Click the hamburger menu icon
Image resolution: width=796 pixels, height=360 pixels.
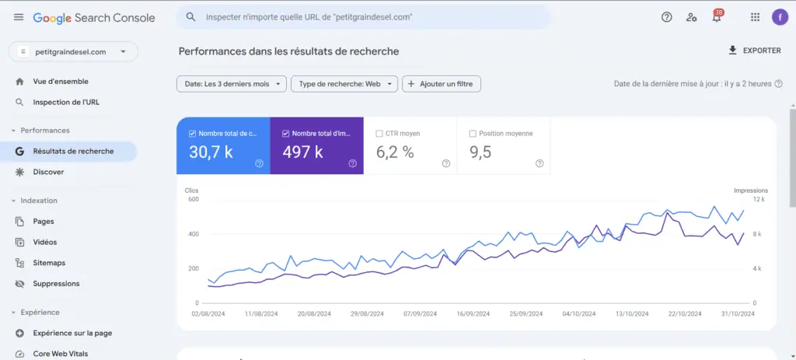[x=19, y=17]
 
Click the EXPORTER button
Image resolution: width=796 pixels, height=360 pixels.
[x=754, y=51]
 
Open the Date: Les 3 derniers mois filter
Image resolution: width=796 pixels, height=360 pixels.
[x=232, y=84]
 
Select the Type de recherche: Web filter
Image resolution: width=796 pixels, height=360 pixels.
[x=344, y=84]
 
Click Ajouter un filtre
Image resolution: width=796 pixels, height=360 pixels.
[x=442, y=84]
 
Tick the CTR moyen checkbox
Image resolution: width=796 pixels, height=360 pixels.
[x=379, y=134]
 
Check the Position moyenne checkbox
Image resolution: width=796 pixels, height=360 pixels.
[x=473, y=134]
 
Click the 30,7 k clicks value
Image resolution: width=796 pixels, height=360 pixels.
[x=211, y=152]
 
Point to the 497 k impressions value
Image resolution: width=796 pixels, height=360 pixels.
[x=302, y=152]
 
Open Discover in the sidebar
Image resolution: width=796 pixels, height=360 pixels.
[x=48, y=172]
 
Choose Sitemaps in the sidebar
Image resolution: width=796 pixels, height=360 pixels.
[x=49, y=263]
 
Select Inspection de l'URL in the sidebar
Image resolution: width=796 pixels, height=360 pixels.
[x=66, y=102]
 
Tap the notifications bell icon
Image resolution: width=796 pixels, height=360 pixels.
[x=717, y=17]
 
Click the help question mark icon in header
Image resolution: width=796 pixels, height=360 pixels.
[x=666, y=17]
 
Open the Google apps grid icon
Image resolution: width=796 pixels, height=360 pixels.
[x=755, y=17]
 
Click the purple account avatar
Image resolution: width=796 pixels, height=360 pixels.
[x=780, y=17]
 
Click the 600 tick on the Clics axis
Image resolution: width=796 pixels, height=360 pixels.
[x=193, y=200]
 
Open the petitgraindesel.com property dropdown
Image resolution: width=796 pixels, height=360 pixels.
[x=73, y=52]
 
